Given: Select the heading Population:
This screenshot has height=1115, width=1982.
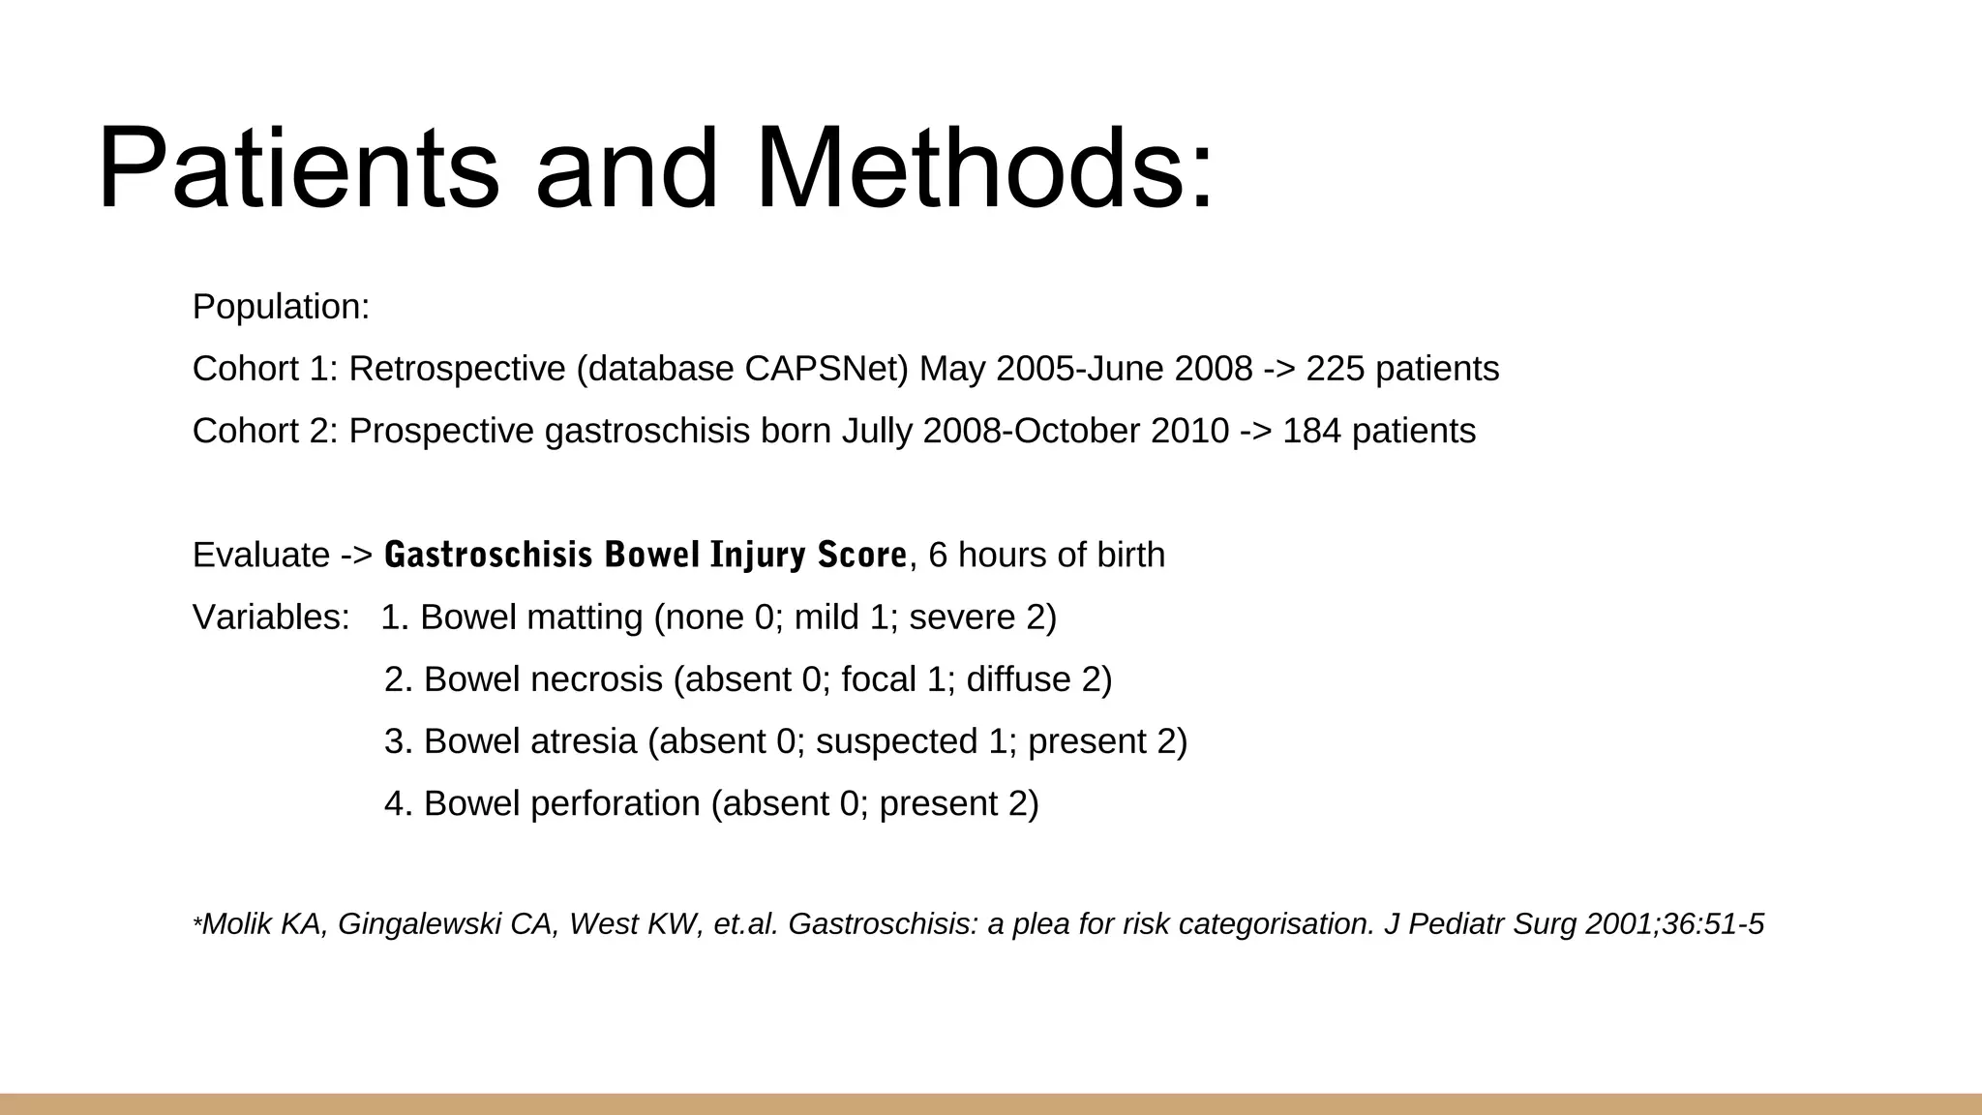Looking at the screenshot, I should (281, 307).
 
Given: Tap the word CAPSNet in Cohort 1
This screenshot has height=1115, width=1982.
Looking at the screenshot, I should (826, 369).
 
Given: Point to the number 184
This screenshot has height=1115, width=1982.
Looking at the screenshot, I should (1311, 431).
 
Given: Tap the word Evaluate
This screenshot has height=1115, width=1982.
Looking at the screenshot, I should (261, 555).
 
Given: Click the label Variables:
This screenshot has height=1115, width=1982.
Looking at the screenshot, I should (271, 617).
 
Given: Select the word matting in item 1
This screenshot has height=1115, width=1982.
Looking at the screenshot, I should (585, 617).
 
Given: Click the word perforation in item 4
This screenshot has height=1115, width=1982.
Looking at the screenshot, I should (616, 803).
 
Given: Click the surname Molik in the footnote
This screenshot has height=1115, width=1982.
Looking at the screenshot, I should (236, 924).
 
